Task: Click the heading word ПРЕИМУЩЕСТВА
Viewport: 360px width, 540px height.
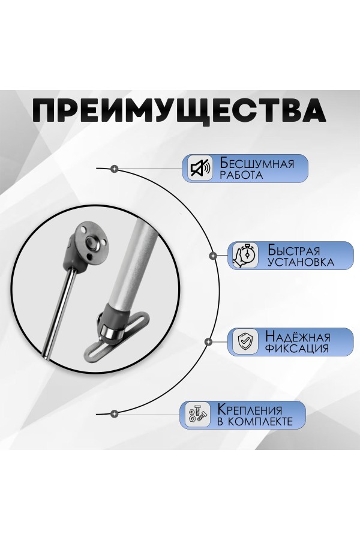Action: [179, 111]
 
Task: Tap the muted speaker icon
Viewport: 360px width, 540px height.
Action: [200, 168]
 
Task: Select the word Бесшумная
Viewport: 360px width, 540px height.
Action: [257, 163]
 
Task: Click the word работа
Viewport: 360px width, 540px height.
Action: [241, 175]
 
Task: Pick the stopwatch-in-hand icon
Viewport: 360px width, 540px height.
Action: [245, 255]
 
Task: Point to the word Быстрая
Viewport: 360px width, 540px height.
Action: [293, 250]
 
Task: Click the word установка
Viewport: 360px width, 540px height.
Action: [301, 262]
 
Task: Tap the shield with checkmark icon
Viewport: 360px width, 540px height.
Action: [245, 341]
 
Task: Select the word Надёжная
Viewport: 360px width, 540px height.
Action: [298, 336]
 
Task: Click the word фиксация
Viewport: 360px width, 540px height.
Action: [297, 348]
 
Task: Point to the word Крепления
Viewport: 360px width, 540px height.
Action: [250, 410]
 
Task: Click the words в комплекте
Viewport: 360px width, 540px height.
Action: [255, 422]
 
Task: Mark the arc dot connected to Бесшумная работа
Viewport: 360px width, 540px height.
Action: [115, 169]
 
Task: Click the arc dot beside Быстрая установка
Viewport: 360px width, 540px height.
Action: [213, 256]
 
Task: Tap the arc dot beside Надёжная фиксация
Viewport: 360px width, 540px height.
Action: [208, 341]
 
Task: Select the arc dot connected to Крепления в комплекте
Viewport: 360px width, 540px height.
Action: [115, 413]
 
